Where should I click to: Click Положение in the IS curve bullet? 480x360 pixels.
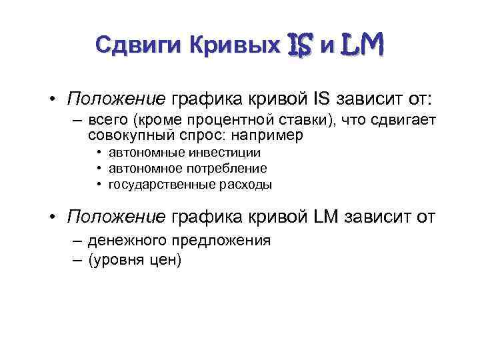tap(117, 99)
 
